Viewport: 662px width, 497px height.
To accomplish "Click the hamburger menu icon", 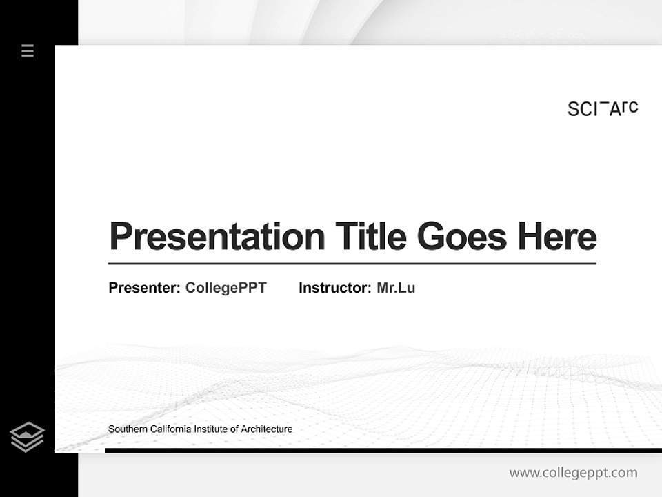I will [x=28, y=50].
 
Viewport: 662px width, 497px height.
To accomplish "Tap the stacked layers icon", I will [x=27, y=437].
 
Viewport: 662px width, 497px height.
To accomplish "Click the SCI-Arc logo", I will [x=603, y=108].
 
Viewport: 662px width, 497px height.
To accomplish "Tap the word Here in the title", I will [x=557, y=236].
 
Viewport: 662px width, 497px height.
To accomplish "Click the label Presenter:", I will [x=144, y=288].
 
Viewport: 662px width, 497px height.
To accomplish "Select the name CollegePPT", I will [x=225, y=288].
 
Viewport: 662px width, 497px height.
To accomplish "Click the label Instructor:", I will [x=334, y=288].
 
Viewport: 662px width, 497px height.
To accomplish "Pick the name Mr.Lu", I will [x=396, y=288].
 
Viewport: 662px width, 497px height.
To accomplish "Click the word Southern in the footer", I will [x=127, y=429].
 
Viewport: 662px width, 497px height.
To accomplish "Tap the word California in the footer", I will [x=169, y=429].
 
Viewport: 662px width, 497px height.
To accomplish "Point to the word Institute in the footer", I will [x=212, y=429].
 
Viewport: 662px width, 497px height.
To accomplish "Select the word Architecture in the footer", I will [x=267, y=429].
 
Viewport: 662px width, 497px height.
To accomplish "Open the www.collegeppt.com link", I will [x=573, y=473].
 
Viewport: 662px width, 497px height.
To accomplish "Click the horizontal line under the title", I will [x=352, y=264].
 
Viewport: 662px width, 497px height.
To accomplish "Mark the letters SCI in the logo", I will [x=583, y=109].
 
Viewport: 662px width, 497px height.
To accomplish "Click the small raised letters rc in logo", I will [x=630, y=107].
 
